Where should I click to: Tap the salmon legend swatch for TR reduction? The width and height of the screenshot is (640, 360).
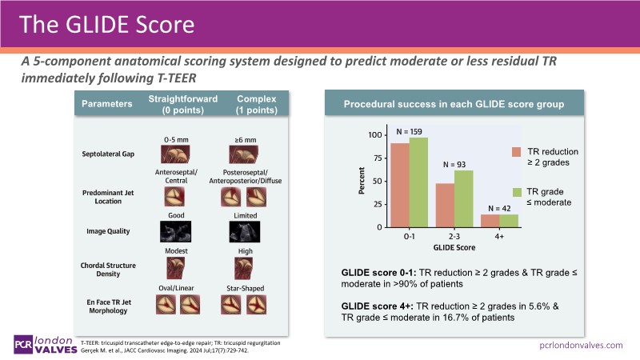(x=517, y=152)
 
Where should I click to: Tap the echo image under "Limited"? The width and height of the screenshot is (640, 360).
(x=246, y=231)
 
